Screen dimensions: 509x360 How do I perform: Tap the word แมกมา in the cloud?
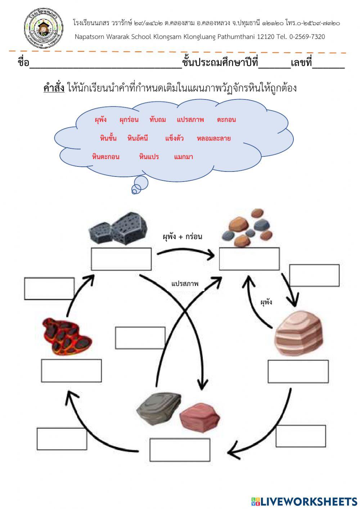coord(183,157)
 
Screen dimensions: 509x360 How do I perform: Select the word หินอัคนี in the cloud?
coord(138,138)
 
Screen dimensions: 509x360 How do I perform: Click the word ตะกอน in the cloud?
coord(226,120)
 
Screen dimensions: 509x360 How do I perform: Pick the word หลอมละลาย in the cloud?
coord(213,138)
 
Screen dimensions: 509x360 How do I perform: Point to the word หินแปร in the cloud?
coord(149,157)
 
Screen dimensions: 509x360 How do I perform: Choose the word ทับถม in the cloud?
coord(157,120)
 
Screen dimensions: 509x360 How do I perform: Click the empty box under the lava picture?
coord(71,370)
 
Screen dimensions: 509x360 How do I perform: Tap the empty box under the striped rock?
coord(298,371)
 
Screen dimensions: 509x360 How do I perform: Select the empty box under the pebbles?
coord(249,259)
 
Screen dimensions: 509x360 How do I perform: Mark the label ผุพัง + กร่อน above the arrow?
coord(182,237)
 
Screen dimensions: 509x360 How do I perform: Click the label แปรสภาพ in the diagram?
coord(185,284)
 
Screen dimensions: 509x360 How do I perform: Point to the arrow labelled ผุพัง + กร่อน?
coord(186,253)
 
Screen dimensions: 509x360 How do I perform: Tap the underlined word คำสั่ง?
coord(54,88)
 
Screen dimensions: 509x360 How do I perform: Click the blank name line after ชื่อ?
coord(106,64)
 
